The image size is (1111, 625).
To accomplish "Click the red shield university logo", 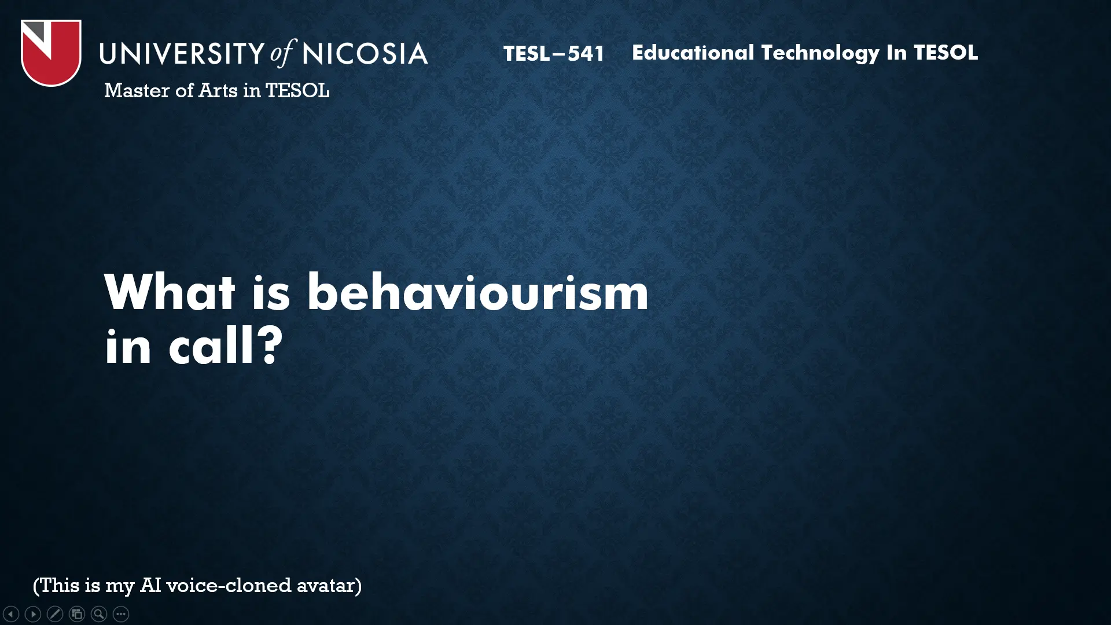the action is tap(51, 53).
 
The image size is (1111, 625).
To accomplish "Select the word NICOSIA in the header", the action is tap(365, 53).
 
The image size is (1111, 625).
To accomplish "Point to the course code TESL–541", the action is tap(554, 54).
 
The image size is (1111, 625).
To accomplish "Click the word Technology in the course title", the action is tap(820, 53).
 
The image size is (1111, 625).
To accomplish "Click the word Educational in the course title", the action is tap(693, 53).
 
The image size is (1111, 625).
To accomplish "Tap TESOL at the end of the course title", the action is tap(946, 53).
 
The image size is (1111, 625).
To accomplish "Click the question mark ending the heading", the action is tap(270, 345).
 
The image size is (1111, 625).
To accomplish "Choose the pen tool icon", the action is tap(55, 613).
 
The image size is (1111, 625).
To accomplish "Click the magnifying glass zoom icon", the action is tap(99, 613).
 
